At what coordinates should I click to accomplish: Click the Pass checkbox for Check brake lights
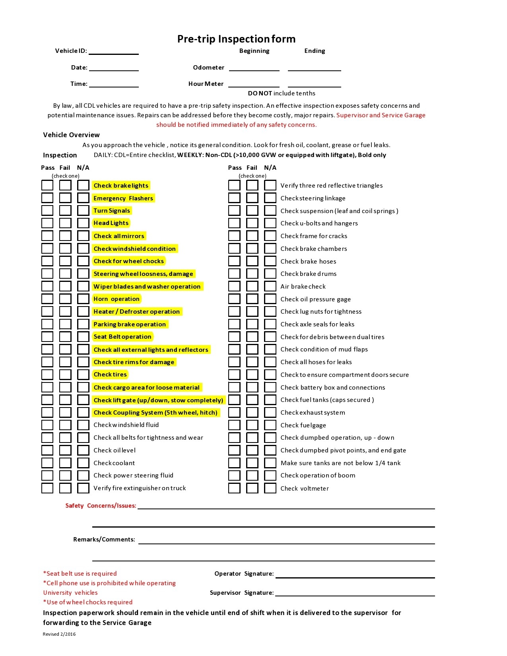click(47, 185)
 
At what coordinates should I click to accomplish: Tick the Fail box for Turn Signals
click(65, 210)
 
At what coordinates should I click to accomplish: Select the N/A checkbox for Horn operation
click(83, 299)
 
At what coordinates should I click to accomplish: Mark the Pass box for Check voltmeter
click(234, 488)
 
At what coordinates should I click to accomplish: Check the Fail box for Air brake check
click(252, 286)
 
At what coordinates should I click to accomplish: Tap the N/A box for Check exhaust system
click(270, 412)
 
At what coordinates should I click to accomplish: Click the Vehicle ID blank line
click(114, 51)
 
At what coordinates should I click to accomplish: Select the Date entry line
click(114, 68)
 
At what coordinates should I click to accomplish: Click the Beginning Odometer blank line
click(254, 68)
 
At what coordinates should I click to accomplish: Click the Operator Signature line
click(355, 574)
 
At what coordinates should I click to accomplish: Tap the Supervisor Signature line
click(355, 593)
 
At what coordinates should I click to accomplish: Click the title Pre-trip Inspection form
click(236, 39)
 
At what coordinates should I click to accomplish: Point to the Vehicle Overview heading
click(71, 135)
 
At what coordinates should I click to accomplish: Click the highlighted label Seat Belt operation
click(122, 337)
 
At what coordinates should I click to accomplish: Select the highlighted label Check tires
click(110, 375)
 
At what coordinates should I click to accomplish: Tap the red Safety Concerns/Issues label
click(101, 506)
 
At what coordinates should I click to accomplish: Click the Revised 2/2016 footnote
click(59, 634)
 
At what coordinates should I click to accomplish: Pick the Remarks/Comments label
click(104, 540)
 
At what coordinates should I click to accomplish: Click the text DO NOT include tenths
click(282, 93)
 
